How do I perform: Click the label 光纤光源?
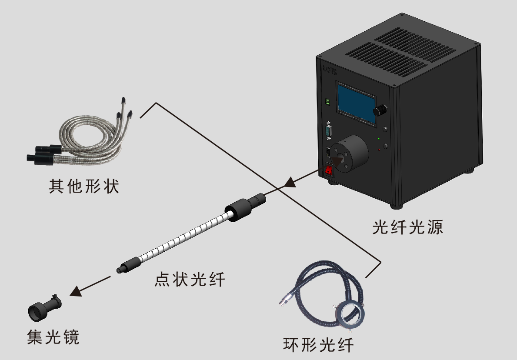(408, 227)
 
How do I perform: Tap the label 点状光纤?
(190, 279)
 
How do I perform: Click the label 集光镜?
(53, 337)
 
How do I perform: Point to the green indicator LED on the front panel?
(379, 139)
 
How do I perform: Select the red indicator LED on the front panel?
(379, 150)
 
